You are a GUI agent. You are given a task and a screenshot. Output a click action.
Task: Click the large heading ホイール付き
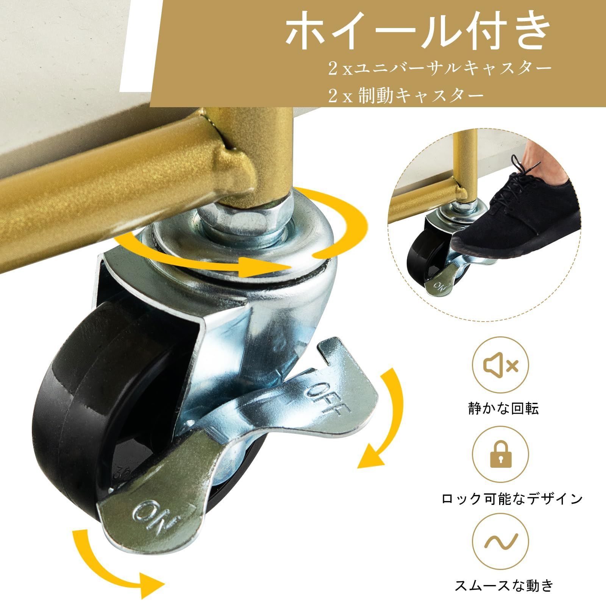coord(417,36)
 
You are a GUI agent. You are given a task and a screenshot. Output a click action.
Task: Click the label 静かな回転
coord(503,408)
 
